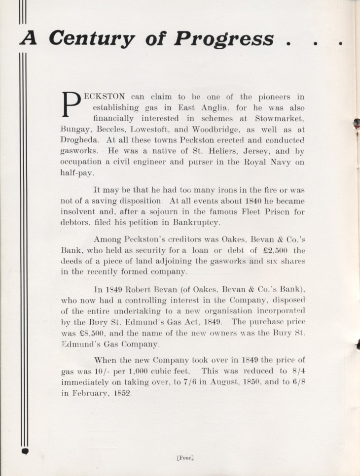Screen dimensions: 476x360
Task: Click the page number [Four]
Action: (x=184, y=457)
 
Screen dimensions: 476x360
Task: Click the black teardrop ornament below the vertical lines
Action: (x=26, y=451)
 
